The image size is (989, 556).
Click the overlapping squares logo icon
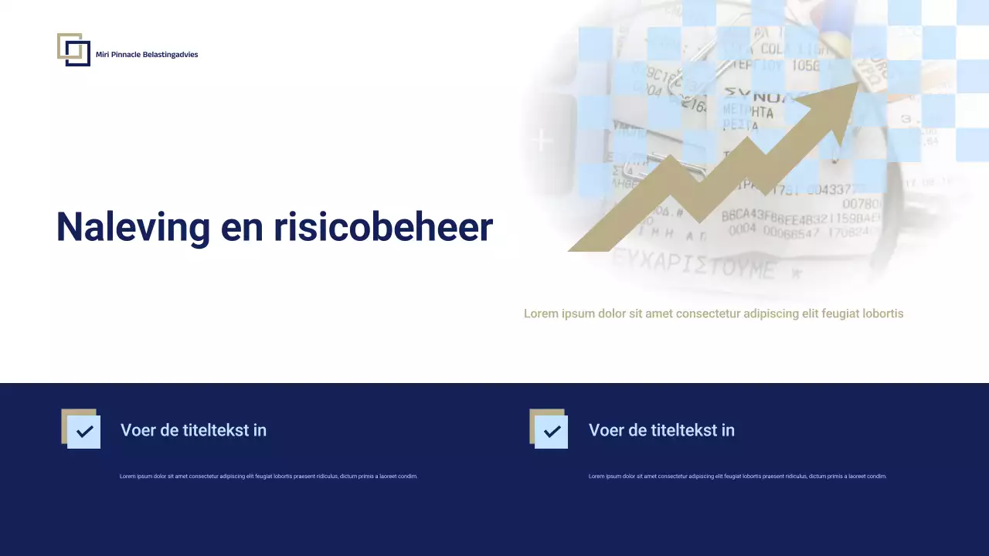click(x=73, y=49)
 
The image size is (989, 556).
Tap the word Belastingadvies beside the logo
click(x=171, y=55)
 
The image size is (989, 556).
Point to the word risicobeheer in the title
click(x=383, y=227)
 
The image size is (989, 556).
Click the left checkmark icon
click(x=83, y=431)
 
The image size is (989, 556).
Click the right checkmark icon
click(x=551, y=431)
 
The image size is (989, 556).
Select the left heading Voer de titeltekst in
click(x=193, y=430)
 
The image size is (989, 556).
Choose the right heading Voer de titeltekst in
click(x=661, y=430)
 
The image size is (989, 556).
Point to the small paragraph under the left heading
click(x=268, y=476)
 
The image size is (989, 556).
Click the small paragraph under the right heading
click(x=737, y=476)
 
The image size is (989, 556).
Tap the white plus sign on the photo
click(x=543, y=141)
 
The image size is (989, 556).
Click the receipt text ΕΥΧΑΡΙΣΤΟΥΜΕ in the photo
click(x=692, y=268)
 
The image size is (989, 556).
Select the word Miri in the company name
click(x=102, y=55)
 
